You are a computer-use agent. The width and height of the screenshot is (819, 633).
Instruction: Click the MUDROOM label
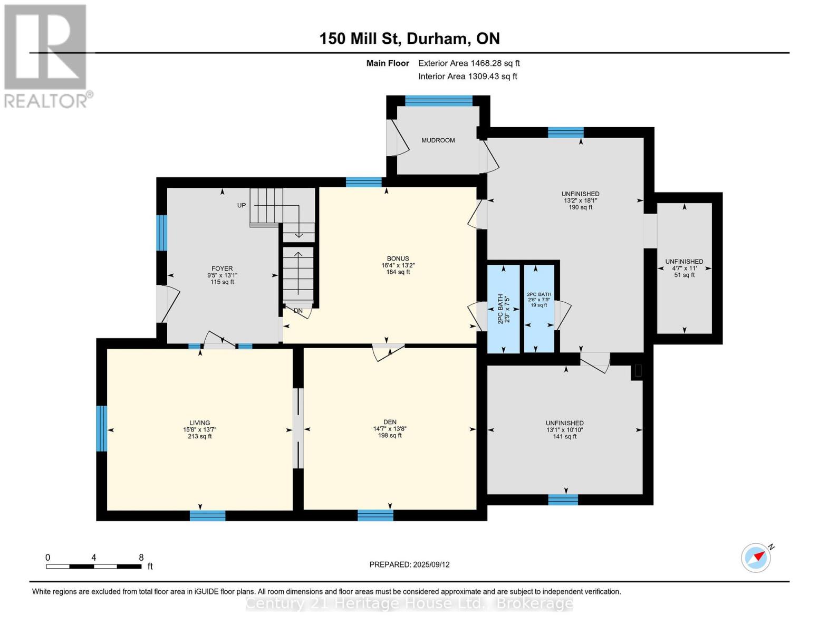point(438,140)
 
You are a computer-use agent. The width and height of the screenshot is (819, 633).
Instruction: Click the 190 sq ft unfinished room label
point(580,200)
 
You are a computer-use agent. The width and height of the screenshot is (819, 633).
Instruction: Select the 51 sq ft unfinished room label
point(684,268)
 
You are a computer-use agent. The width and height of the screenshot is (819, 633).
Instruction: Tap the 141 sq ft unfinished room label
point(564,429)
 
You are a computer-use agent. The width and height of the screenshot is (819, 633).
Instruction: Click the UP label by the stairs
point(242,205)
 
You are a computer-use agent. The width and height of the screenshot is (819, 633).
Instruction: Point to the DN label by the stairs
point(298,311)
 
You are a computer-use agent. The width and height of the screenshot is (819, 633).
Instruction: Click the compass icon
point(756,558)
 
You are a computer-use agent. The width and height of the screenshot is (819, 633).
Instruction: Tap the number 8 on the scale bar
point(141,557)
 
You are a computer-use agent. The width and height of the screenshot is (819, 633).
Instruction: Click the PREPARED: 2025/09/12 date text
point(409,564)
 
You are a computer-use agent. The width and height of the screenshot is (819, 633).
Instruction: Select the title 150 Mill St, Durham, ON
point(409,39)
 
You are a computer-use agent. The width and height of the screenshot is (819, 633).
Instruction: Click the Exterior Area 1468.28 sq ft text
point(469,63)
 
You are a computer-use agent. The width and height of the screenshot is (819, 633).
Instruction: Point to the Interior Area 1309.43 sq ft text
point(467,76)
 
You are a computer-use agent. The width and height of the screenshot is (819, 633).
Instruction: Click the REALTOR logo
point(46,55)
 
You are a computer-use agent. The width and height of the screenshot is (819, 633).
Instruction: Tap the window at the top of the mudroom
point(438,101)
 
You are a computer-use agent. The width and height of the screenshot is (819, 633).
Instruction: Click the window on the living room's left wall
point(102,428)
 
